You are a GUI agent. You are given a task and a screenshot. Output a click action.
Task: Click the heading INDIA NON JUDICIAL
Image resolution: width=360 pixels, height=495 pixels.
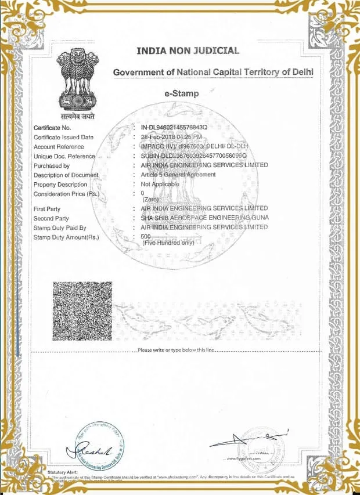pos(188,50)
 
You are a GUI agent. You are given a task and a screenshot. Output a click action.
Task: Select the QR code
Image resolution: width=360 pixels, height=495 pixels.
pos(82,313)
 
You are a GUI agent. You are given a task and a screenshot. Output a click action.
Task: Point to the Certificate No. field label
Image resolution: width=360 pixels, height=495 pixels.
pos(52,127)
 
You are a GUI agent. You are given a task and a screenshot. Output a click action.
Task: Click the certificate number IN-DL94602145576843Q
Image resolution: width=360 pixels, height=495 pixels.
pos(174,127)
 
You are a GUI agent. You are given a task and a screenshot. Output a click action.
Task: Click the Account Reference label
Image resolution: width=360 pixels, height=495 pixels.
pos(59,147)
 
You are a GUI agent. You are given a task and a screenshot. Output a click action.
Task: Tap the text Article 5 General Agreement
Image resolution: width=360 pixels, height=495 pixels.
pos(178,175)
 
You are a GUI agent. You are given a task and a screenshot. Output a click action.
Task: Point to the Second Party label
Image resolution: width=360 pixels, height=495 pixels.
pos(52,218)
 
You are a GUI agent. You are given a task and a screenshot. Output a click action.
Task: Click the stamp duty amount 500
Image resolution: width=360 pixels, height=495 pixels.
pos(146,237)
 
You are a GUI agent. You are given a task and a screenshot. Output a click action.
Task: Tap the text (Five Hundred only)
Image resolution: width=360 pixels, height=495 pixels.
pos(168,243)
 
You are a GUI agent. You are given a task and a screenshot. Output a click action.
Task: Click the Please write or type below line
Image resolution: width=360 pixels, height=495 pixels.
pos(177,350)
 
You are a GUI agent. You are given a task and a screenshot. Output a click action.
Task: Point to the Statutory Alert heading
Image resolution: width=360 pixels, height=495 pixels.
pos(62,472)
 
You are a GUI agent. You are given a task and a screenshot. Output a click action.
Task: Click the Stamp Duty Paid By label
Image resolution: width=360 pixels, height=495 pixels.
pos(60,227)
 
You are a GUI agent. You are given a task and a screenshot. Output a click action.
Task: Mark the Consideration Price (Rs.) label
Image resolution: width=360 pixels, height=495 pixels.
pos(66,194)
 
